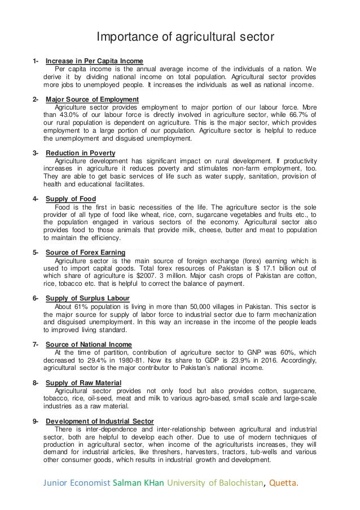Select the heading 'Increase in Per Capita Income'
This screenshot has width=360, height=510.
click(x=94, y=61)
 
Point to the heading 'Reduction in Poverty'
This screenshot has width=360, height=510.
click(x=80, y=153)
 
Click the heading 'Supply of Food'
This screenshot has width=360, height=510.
click(x=71, y=199)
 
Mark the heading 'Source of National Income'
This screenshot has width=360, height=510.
click(x=89, y=343)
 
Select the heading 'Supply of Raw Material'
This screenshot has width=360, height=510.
click(x=84, y=382)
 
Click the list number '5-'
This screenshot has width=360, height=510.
click(x=36, y=252)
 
